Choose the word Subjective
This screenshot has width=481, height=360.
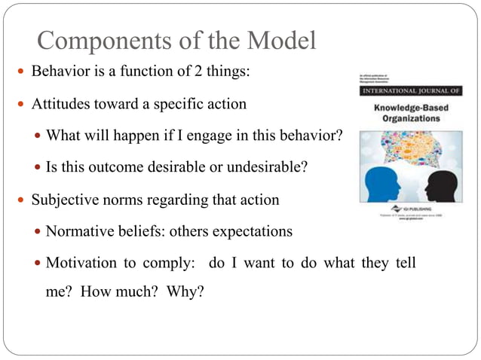pos(63,200)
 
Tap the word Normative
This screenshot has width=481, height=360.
pos(77,232)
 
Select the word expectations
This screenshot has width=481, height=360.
pos(252,232)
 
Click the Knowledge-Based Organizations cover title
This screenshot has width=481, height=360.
pos(411,113)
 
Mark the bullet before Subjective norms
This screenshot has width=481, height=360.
pos(21,201)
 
